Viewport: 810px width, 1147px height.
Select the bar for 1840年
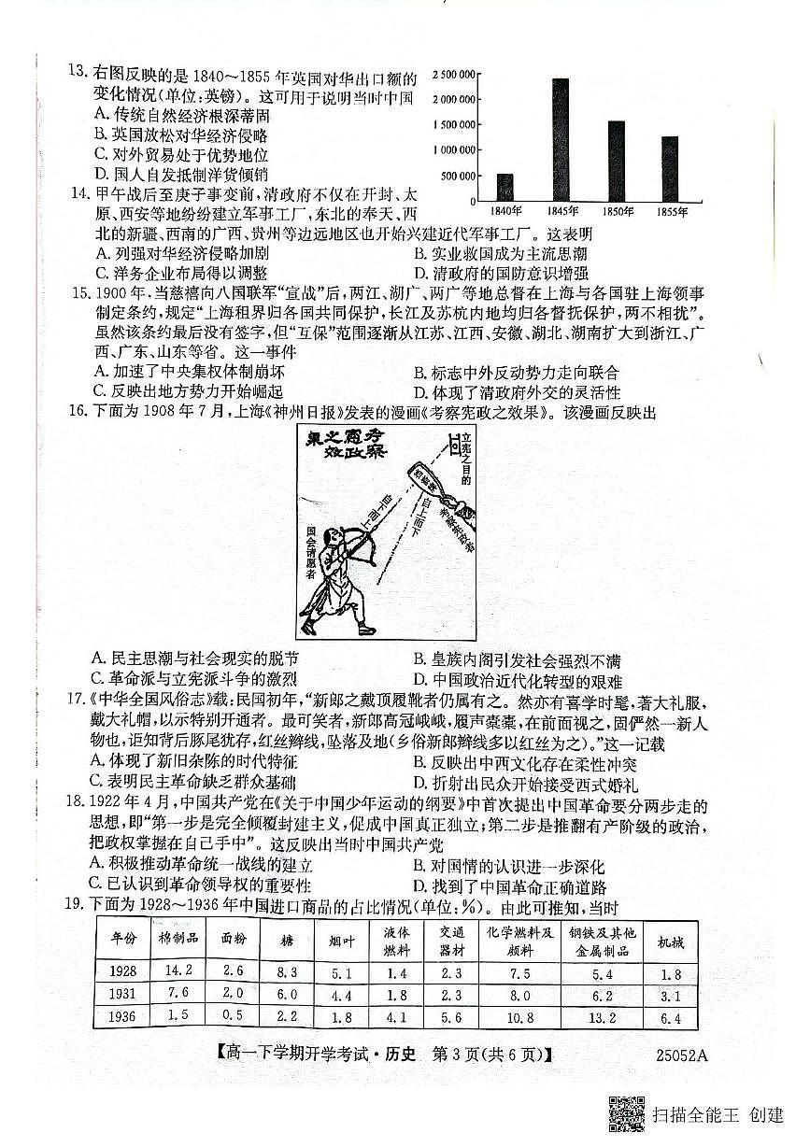(504, 187)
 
